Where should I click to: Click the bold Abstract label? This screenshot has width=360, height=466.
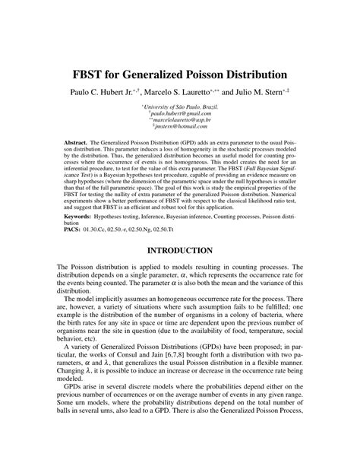(x=76, y=142)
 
